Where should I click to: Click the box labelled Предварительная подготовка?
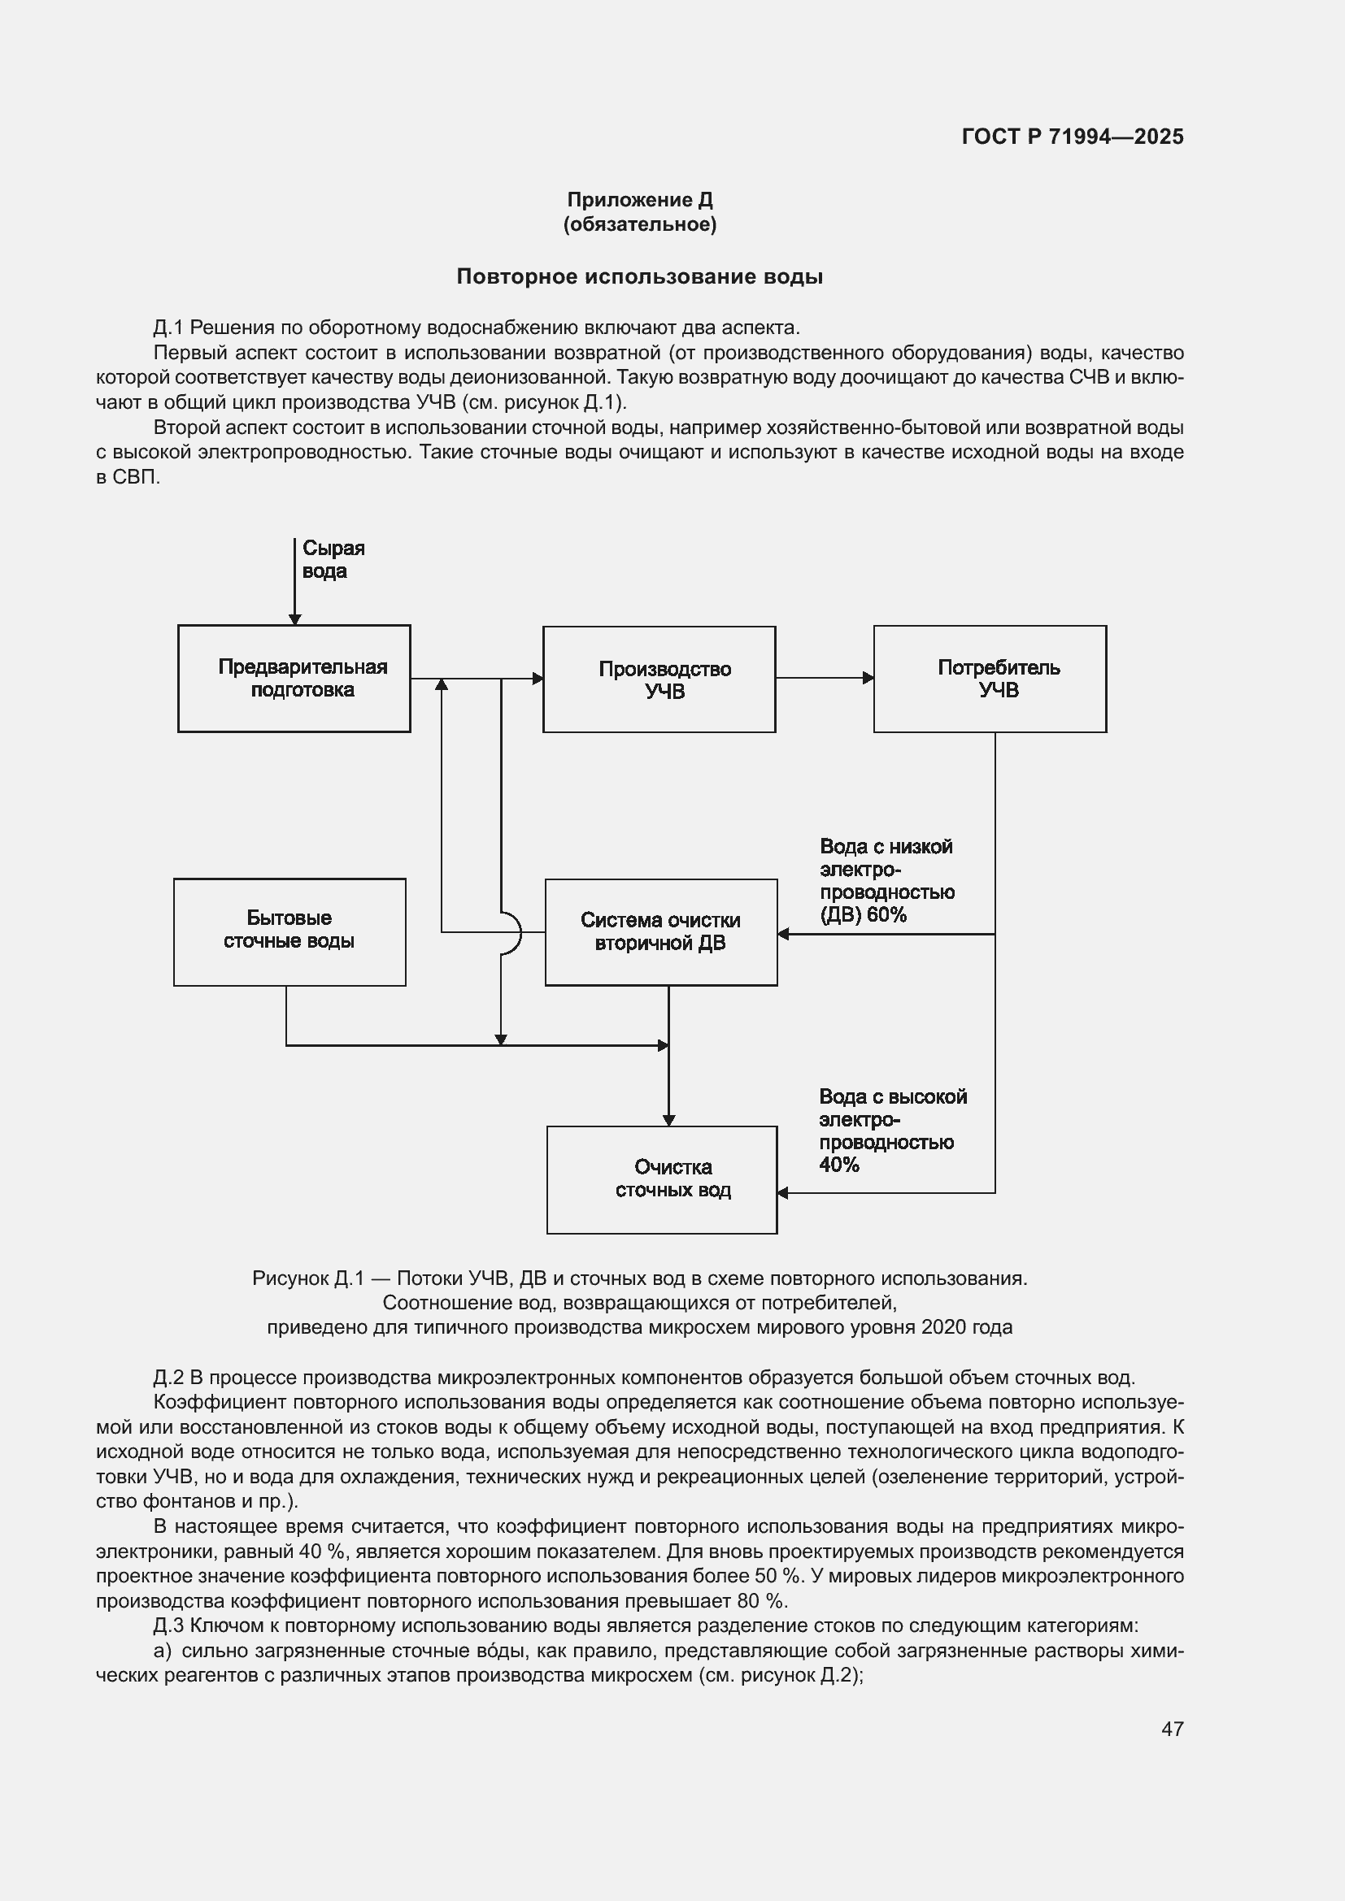294,678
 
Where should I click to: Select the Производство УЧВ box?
659,679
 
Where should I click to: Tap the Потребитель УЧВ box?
990,678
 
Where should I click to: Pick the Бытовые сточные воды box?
289,931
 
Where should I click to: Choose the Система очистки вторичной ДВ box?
661,931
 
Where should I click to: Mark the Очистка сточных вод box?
662,1179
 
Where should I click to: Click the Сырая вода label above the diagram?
333,560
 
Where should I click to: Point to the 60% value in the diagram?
887,915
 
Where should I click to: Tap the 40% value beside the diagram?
839,1165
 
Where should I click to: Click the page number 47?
1172,1728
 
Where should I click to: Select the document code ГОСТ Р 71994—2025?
1073,137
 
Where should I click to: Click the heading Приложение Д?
639,200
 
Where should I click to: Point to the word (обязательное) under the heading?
639,224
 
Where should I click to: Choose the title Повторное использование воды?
639,276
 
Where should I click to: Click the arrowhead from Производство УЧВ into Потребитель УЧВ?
868,678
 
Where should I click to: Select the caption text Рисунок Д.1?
308,1278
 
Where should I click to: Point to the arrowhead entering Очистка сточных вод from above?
669,1120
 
